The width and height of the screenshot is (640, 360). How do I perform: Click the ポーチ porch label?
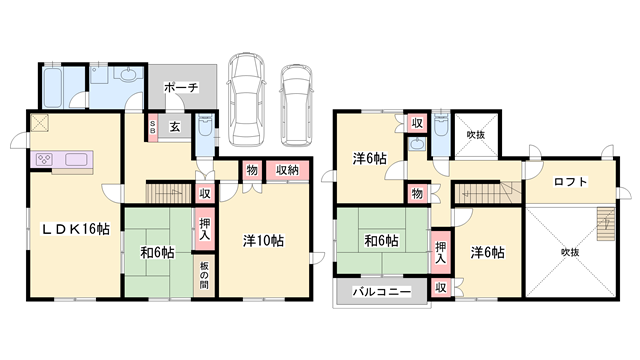pyautogui.click(x=181, y=87)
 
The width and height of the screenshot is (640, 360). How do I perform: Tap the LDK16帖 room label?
pyautogui.click(x=76, y=229)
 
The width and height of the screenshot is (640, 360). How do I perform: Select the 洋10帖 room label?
pyautogui.click(x=263, y=241)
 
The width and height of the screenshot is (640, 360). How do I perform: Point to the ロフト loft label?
pyautogui.click(x=571, y=182)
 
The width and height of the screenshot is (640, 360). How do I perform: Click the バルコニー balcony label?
pyautogui.click(x=382, y=292)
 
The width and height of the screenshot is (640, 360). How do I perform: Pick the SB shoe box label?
pyautogui.click(x=153, y=127)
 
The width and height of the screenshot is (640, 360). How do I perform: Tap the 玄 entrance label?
pyautogui.click(x=175, y=127)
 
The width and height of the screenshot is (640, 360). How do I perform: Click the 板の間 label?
pyautogui.click(x=204, y=275)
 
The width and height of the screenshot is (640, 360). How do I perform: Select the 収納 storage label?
pyautogui.click(x=287, y=170)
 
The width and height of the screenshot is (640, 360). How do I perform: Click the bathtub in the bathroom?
pyautogui.click(x=53, y=88)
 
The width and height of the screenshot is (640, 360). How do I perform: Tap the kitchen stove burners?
pyautogui.click(x=43, y=159)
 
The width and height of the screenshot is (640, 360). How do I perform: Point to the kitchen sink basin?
pyautogui.click(x=76, y=159)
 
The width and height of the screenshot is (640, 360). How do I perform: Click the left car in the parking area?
pyautogui.click(x=246, y=99)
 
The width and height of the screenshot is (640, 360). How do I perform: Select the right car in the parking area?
pyautogui.click(x=297, y=105)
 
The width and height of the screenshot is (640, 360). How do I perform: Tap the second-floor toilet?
pyautogui.click(x=441, y=124)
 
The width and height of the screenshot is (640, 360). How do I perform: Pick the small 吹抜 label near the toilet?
pyautogui.click(x=476, y=135)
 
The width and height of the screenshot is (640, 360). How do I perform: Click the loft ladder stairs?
pyautogui.click(x=606, y=224)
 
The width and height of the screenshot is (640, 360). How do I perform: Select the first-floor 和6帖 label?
pyautogui.click(x=158, y=253)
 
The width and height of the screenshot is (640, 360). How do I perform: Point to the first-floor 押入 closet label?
pyautogui.click(x=205, y=229)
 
